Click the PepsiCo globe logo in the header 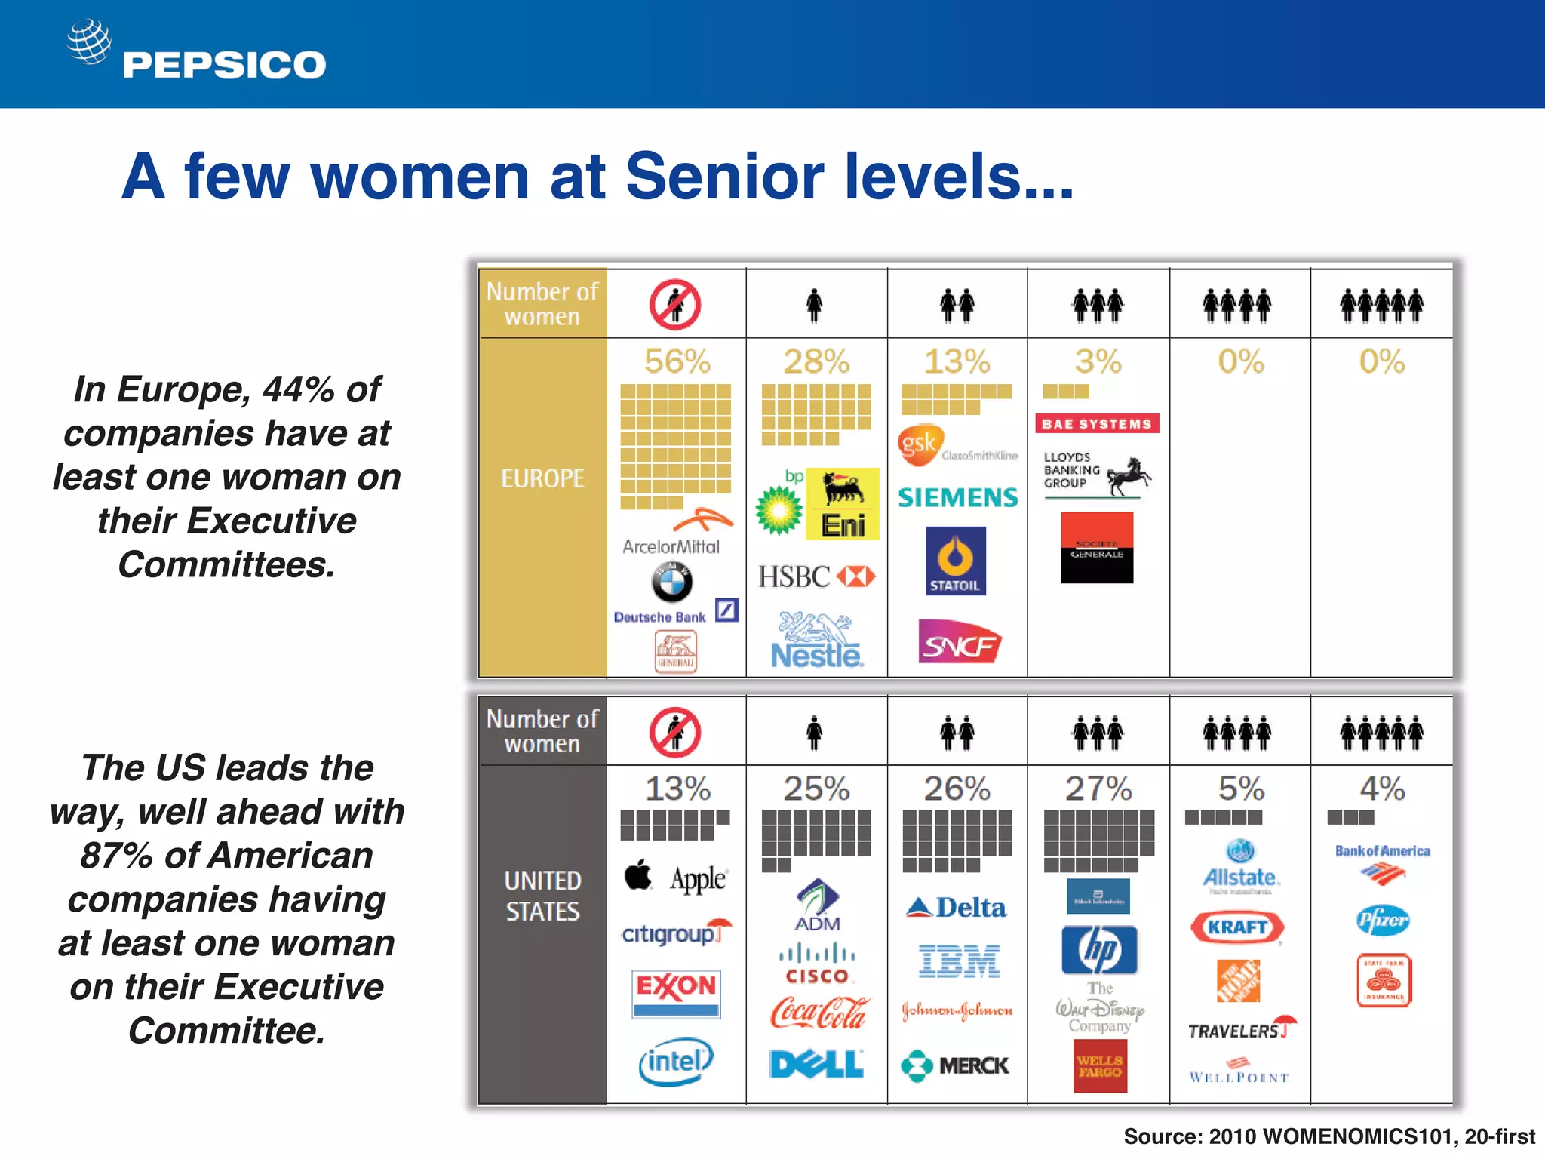point(89,42)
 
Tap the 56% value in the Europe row point(677,361)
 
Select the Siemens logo point(957,497)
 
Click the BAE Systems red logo point(1097,424)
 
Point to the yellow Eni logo point(843,504)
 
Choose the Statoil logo point(956,561)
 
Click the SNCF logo point(959,642)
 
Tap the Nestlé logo point(816,642)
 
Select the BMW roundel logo point(671,582)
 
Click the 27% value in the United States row point(1098,789)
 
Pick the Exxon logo point(676,994)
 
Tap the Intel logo point(676,1062)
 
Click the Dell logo point(816,1064)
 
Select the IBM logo point(959,961)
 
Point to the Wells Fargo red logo point(1100,1066)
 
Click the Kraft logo point(1236,927)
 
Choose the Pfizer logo point(1383,921)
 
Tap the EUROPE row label point(543,478)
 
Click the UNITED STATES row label point(543,896)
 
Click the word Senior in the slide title point(724,177)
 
